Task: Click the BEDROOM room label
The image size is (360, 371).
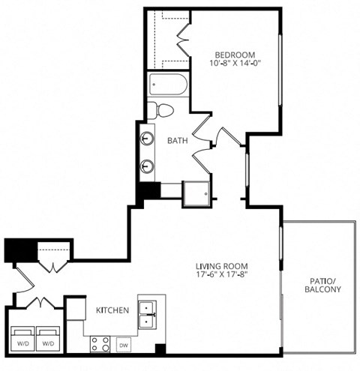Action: point(235,55)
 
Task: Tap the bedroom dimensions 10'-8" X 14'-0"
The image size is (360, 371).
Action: point(235,64)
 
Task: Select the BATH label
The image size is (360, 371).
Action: point(177,140)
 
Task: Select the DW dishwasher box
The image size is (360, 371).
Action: point(124,345)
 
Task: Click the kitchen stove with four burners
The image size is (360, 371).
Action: point(100,344)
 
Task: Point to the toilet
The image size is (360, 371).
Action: point(160,110)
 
